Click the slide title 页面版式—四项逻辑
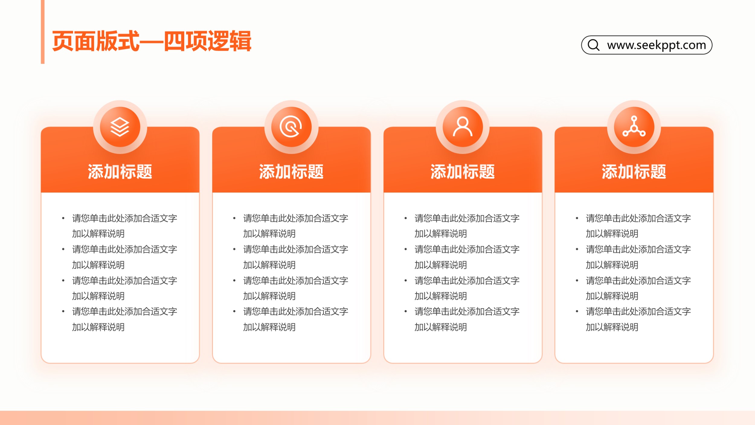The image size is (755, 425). click(x=152, y=41)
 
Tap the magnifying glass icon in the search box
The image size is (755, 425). click(x=594, y=45)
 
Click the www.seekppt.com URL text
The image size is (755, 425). click(x=657, y=45)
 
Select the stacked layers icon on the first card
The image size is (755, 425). click(x=120, y=127)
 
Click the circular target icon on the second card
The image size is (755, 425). click(x=291, y=127)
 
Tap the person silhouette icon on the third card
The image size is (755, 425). click(x=462, y=127)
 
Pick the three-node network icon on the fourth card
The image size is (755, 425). click(x=634, y=126)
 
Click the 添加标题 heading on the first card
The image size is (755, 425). click(x=120, y=172)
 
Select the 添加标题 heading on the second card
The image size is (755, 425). click(x=291, y=172)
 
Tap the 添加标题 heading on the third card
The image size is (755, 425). click(x=462, y=172)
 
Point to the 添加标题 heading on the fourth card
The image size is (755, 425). click(x=634, y=172)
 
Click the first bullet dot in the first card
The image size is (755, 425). click(x=63, y=218)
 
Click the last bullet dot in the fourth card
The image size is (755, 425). click(x=577, y=311)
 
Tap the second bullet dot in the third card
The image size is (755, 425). click(x=406, y=249)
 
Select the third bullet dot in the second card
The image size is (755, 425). click(x=234, y=281)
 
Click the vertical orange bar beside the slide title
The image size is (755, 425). click(x=43, y=32)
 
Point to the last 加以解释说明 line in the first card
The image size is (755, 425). click(x=98, y=327)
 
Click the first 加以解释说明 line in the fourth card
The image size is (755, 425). click(x=612, y=234)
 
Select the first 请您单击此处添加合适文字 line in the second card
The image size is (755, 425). click(x=296, y=218)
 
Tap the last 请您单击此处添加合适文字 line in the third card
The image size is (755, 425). click(x=467, y=311)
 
